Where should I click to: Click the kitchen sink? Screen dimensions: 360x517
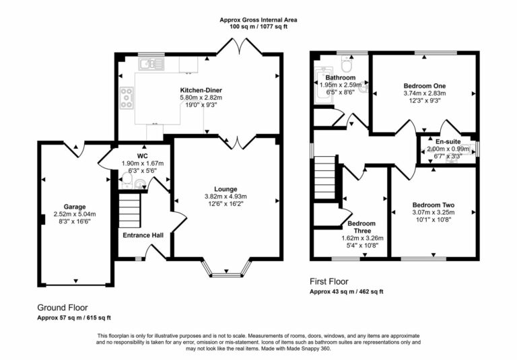tap(151, 64)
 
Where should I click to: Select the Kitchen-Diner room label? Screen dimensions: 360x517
tap(201, 90)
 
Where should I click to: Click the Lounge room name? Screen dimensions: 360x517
tap(226, 188)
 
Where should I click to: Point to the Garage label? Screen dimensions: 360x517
tap(75, 207)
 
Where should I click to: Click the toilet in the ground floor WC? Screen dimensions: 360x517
tap(140, 184)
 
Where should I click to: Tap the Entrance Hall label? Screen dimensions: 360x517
tap(143, 235)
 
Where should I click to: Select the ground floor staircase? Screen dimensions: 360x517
tap(131, 210)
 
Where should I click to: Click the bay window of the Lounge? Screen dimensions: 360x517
tap(226, 272)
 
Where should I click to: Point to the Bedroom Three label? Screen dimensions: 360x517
tap(361, 227)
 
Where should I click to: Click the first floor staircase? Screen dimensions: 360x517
tap(325, 177)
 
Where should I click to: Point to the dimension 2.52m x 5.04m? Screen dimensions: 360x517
tap(75, 215)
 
